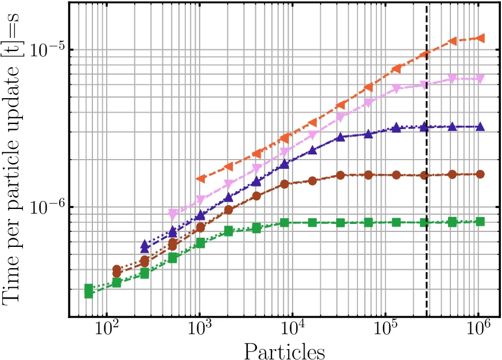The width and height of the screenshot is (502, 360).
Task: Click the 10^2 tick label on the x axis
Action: [106, 330]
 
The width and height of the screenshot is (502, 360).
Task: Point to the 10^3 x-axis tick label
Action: [200, 330]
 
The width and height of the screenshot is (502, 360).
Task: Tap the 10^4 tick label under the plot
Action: [293, 330]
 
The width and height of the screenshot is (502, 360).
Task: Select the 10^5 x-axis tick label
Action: [386, 330]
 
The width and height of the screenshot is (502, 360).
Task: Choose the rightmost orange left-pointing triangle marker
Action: [481, 38]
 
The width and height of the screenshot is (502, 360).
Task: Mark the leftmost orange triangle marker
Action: [200, 179]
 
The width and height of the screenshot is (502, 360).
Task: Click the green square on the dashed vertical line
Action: [425, 223]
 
